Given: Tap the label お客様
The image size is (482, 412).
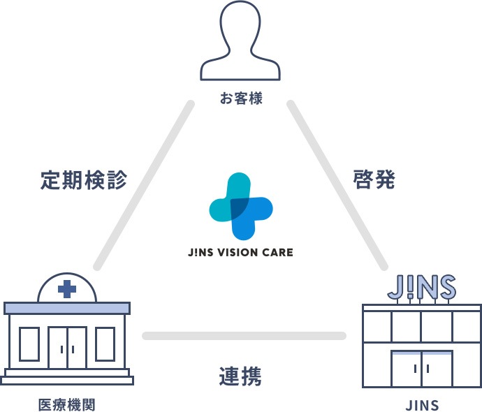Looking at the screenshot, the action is pos(241,98).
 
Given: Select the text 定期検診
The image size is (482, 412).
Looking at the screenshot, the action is pos(84,179).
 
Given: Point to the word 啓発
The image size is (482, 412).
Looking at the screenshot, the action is pos(374,179).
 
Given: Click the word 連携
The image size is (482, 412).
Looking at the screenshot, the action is pos(240,376).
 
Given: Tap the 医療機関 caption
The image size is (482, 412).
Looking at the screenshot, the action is pos(66,404).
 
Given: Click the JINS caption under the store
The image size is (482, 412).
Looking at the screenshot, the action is pos(422,405).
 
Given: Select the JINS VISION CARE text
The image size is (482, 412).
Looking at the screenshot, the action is pos(240,253).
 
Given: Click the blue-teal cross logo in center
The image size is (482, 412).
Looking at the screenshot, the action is pos(241,206).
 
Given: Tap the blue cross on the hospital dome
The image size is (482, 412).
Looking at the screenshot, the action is pos(67,289).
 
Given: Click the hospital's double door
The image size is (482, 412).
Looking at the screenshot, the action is pos(67,348).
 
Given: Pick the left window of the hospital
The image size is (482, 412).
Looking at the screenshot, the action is pos(29,344).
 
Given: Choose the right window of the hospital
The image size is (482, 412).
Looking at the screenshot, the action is pos(105,344).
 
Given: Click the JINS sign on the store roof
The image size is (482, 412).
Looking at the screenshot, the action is pos(421,287).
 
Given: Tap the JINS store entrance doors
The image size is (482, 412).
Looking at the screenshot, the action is pos(422,369).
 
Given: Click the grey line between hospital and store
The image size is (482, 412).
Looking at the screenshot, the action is pos(244,336).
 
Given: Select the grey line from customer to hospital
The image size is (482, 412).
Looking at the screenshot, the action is pos(144,185).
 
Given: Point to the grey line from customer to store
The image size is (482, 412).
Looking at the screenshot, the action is pos(337,185).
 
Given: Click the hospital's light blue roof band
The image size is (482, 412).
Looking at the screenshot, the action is pos(67,308).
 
